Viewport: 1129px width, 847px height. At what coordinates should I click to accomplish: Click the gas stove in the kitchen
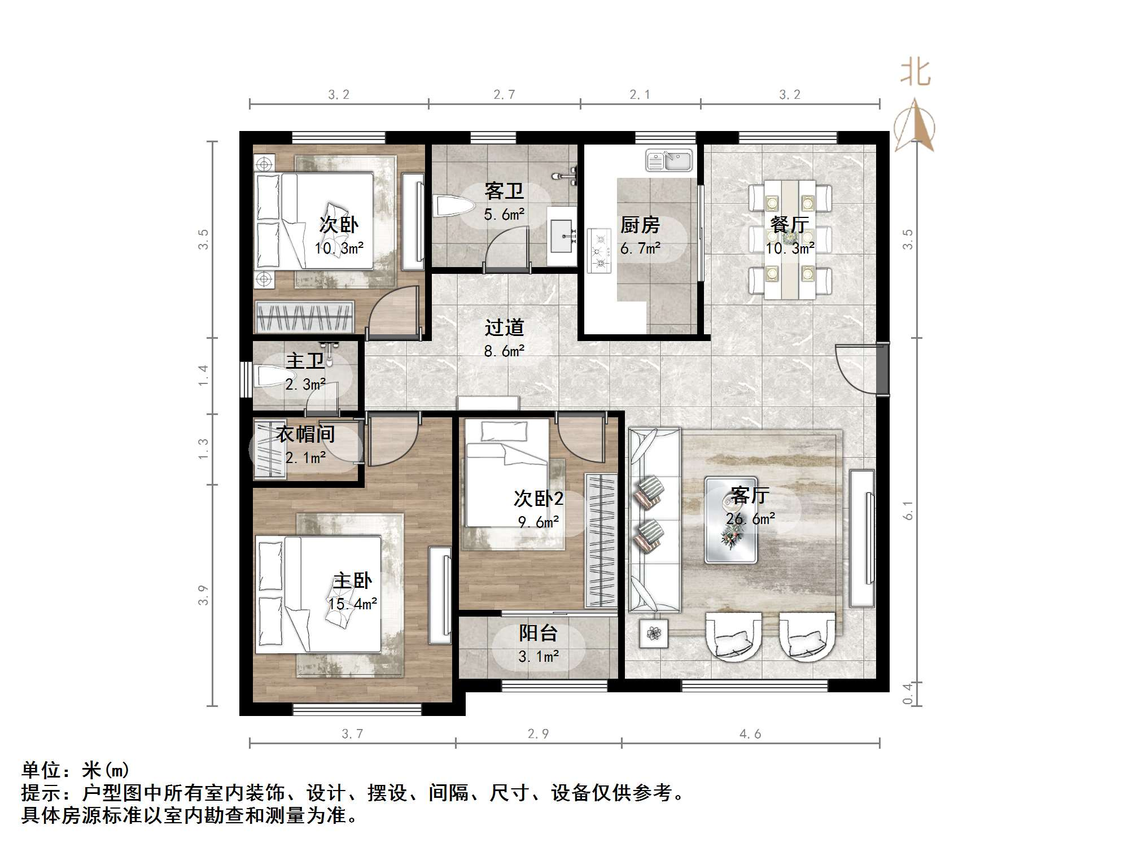pyautogui.click(x=599, y=250)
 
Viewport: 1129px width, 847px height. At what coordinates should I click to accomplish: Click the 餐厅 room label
pyautogui.click(x=789, y=225)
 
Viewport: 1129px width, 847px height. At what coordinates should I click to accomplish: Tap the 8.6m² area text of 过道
pyautogui.click(x=504, y=351)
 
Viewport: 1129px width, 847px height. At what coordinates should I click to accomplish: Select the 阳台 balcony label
pyautogui.click(x=538, y=633)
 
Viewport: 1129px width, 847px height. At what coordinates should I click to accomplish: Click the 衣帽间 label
pyautogui.click(x=305, y=434)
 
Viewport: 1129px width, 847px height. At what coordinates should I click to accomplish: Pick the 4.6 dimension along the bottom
pyautogui.click(x=750, y=734)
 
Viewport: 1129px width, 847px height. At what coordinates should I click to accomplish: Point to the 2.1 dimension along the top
pyautogui.click(x=640, y=94)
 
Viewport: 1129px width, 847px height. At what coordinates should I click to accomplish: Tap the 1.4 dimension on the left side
pyautogui.click(x=203, y=376)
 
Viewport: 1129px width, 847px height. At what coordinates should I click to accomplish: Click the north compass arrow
pyautogui.click(x=915, y=125)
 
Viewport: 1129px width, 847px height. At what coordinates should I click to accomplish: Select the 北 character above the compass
pyautogui.click(x=915, y=73)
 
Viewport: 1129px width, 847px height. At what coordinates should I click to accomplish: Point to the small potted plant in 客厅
pyautogui.click(x=654, y=634)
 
